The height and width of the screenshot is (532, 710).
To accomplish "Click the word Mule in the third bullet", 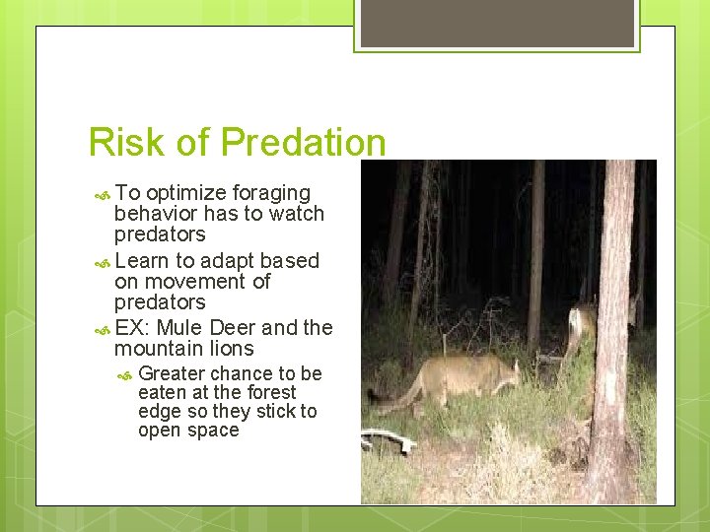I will coord(178,328).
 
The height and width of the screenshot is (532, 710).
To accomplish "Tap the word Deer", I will coord(232,328).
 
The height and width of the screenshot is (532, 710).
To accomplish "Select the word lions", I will coord(231,349).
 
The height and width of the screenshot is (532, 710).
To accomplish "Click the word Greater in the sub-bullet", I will coord(172,373).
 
